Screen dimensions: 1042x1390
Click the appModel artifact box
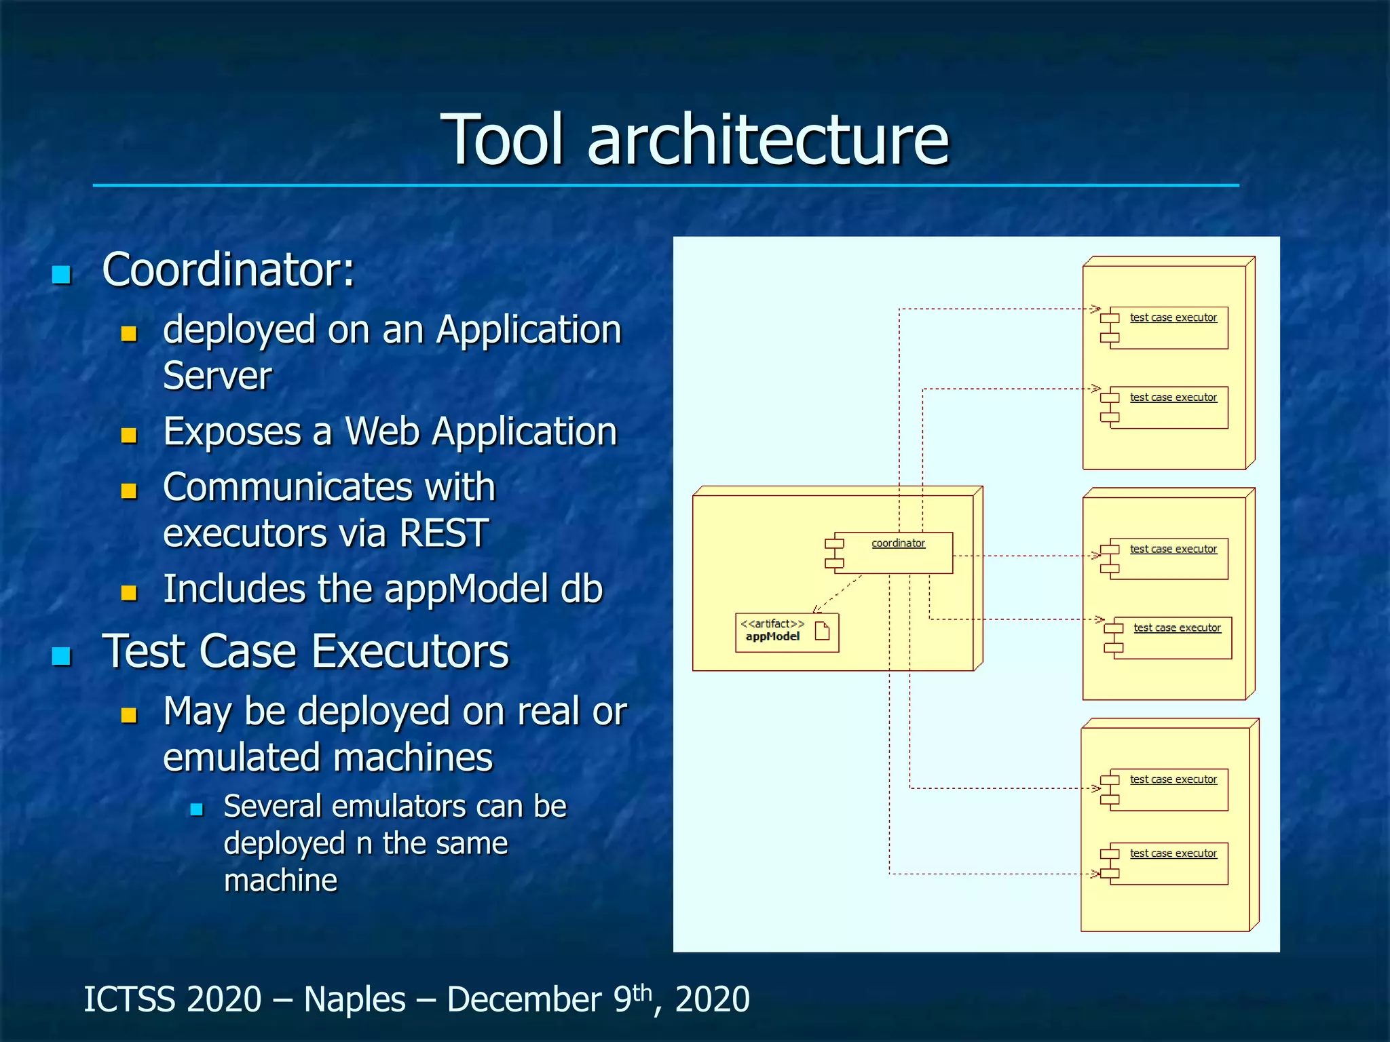point(787,632)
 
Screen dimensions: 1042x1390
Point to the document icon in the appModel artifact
point(822,631)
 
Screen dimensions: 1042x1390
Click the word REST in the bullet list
point(444,533)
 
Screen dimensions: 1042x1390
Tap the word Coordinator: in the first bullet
point(228,270)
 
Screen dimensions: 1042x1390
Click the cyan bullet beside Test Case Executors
point(62,656)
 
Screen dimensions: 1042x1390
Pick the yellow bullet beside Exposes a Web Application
point(129,435)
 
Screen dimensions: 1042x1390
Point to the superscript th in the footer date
point(642,992)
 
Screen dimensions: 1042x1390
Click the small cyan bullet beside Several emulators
point(197,809)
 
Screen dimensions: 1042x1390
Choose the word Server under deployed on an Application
point(217,376)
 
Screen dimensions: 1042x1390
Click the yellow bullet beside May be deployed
point(129,715)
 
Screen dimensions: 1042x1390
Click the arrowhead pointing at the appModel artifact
point(816,609)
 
